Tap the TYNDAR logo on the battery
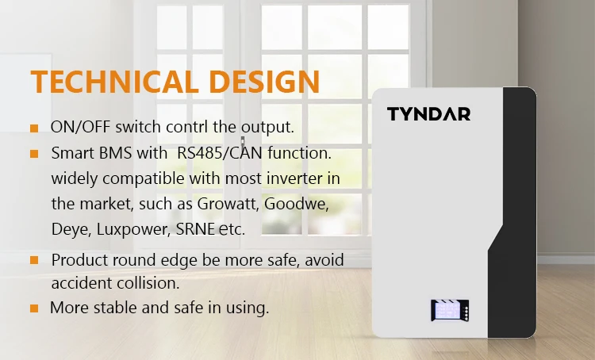(x=428, y=114)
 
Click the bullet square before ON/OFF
(x=34, y=128)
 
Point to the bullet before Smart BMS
(x=34, y=153)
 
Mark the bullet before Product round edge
(x=34, y=260)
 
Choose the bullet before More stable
(x=34, y=308)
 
